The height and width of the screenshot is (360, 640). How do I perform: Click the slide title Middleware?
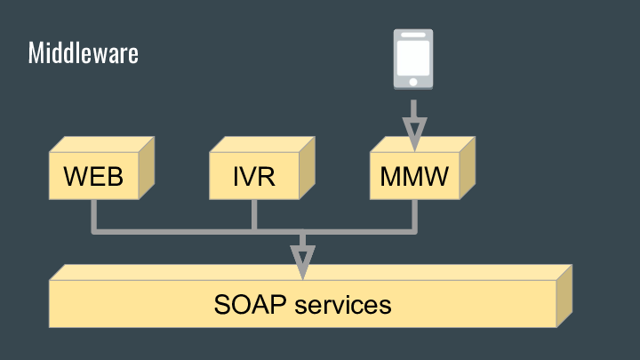click(x=83, y=53)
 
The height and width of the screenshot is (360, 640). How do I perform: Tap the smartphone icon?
click(x=413, y=60)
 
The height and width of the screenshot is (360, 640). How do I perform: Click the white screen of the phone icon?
click(x=413, y=56)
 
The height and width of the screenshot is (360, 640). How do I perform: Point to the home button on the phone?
click(x=413, y=81)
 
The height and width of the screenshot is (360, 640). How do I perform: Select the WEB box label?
click(x=93, y=176)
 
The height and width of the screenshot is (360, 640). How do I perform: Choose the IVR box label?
click(x=253, y=176)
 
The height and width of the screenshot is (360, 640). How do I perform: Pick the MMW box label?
click(x=413, y=176)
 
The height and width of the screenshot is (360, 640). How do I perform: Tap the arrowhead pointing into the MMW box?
click(x=413, y=132)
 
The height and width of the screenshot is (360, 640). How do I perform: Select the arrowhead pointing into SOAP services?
click(x=303, y=260)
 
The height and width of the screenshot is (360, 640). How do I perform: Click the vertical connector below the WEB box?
click(x=93, y=215)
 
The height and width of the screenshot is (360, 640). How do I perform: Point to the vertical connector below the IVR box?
click(x=254, y=215)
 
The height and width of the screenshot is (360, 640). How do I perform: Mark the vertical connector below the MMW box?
click(x=414, y=215)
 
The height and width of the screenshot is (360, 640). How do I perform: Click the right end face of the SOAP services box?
click(x=564, y=296)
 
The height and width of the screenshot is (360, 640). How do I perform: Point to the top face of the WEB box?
click(x=102, y=144)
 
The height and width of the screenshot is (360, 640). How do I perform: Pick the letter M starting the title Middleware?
click(x=35, y=53)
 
